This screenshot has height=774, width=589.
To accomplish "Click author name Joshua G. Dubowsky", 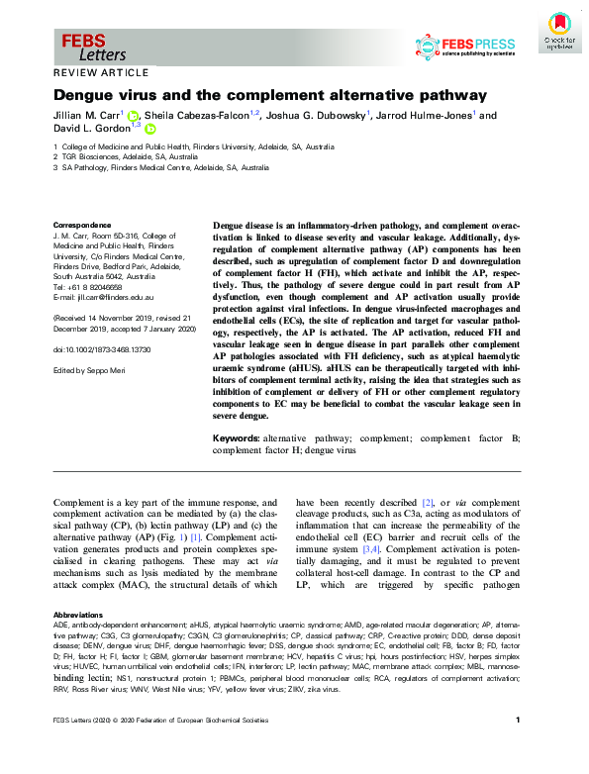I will [x=318, y=115].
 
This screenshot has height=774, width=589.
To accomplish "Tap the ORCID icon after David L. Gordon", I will [x=150, y=129].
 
